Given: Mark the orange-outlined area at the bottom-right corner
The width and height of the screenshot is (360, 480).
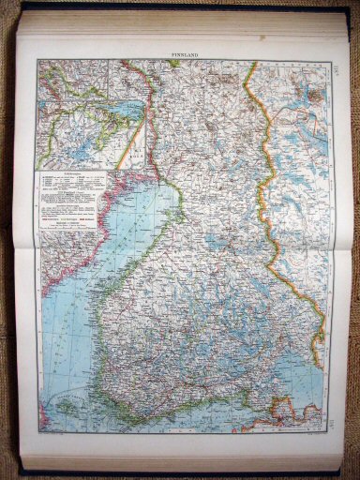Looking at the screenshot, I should [x=281, y=412].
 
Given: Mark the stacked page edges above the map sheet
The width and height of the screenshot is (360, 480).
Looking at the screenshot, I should [x=178, y=28].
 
